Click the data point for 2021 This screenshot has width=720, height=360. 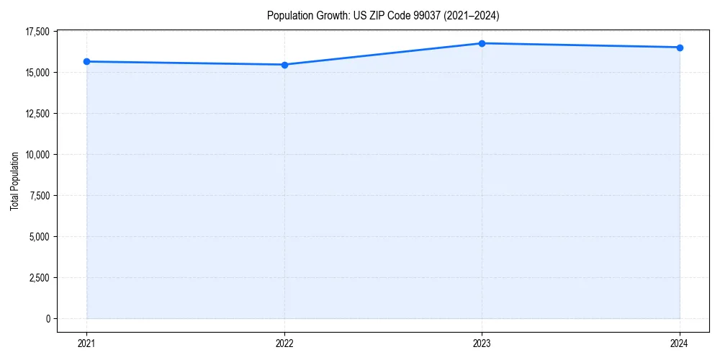[x=87, y=62]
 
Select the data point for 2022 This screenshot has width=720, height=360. [x=284, y=65]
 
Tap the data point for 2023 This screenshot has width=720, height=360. [x=482, y=43]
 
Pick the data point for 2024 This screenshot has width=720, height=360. [x=680, y=48]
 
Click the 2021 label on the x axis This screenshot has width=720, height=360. [x=87, y=343]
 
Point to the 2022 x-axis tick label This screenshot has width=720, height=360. [x=284, y=343]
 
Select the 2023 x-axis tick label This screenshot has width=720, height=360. [x=482, y=343]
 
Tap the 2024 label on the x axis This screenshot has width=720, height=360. [x=680, y=343]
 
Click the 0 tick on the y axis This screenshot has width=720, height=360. [x=48, y=319]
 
